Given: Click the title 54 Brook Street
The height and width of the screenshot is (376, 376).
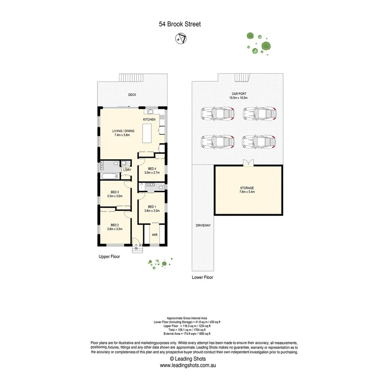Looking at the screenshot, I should pyautogui.click(x=180, y=24).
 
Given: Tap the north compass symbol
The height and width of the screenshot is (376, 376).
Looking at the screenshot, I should pyautogui.click(x=180, y=39).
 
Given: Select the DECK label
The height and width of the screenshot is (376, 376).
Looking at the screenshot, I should pyautogui.click(x=132, y=95).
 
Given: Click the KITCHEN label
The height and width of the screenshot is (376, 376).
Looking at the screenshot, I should pyautogui.click(x=149, y=120).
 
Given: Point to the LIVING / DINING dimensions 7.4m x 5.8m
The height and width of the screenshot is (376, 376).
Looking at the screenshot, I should pyautogui.click(x=123, y=136).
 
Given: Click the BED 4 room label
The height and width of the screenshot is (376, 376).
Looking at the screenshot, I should pyautogui.click(x=152, y=169).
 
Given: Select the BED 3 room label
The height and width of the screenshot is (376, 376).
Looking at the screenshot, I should pyautogui.click(x=115, y=192).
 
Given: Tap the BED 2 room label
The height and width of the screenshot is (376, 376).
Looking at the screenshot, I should pyautogui.click(x=115, y=225).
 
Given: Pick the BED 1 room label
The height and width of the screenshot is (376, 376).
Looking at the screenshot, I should pyautogui.click(x=152, y=207).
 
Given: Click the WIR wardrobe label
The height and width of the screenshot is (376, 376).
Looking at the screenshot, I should pyautogui.click(x=155, y=234).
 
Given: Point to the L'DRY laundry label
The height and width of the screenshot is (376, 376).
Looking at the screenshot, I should pyautogui.click(x=127, y=170).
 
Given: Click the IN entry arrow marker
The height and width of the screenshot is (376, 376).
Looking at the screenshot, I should pyautogui.click(x=136, y=249).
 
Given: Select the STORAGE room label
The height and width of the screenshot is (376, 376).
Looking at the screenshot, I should pyautogui.click(x=246, y=188).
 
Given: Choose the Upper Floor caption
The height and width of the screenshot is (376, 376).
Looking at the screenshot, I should pyautogui.click(x=109, y=256).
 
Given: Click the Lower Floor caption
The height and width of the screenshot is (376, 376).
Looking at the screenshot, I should pyautogui.click(x=203, y=278).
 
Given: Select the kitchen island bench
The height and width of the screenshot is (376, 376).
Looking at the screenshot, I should pyautogui.click(x=148, y=133).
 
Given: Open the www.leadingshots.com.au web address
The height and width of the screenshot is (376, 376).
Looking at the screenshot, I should pyautogui.click(x=188, y=365).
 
